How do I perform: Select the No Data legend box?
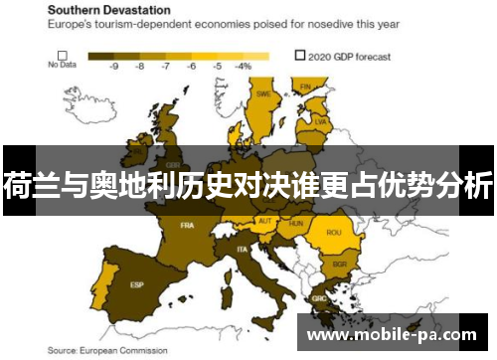click(x=62, y=56)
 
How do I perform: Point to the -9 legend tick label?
click(x=114, y=66)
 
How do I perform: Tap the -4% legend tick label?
click(x=243, y=66)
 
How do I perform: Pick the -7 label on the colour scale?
click(x=165, y=66)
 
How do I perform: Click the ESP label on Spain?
click(x=136, y=284)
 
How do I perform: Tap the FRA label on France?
click(x=187, y=226)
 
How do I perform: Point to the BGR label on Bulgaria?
click(x=339, y=265)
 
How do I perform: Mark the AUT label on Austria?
click(x=264, y=221)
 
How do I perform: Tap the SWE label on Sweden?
click(x=264, y=94)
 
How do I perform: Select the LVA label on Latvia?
click(x=321, y=121)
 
